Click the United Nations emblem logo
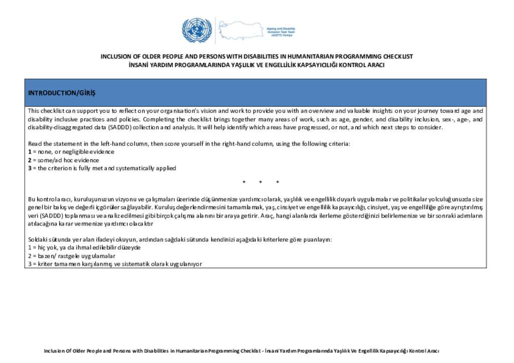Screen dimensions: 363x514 pos(197,30)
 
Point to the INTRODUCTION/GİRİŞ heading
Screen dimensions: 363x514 pos(62,93)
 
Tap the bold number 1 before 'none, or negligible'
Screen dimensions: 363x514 pos(30,151)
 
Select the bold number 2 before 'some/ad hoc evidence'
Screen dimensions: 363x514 pos(30,160)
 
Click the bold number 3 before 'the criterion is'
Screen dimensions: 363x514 pos(30,168)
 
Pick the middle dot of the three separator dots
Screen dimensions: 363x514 pos(261,181)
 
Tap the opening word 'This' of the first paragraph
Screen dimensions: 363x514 pos(34,111)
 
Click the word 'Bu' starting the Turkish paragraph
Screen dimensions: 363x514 pos(31,200)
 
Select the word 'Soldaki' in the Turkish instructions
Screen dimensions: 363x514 pos(37,240)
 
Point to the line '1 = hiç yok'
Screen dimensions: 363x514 pos(84,248)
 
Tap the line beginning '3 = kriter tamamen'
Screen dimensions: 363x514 pos(114,264)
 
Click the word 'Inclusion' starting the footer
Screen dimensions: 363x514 pos(54,351)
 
